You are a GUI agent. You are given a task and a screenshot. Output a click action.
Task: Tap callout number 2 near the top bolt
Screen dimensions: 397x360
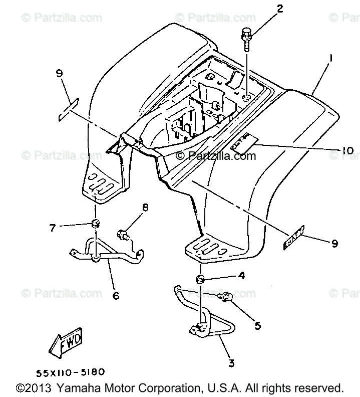click(280, 9)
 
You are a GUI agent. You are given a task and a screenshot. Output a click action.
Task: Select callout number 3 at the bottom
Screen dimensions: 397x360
click(232, 362)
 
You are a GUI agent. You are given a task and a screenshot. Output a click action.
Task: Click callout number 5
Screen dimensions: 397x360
click(257, 325)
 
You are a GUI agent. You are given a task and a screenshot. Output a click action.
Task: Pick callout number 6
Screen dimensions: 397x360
click(116, 296)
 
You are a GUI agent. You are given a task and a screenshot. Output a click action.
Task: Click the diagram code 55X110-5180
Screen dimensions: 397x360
click(70, 372)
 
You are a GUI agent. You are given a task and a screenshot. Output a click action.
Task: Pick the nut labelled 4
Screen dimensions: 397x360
click(200, 278)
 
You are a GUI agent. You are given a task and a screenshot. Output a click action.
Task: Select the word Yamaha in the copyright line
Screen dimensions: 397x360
click(75, 388)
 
